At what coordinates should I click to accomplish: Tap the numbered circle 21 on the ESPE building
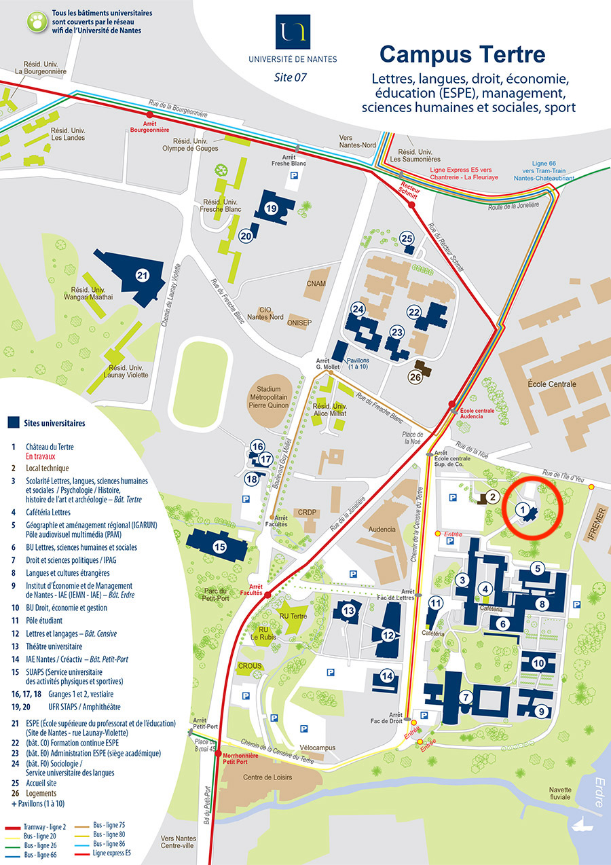coord(142,275)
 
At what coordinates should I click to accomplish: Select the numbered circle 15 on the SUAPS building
coord(219,546)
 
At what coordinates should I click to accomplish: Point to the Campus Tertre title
coord(462,54)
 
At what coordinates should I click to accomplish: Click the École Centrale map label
coord(551,384)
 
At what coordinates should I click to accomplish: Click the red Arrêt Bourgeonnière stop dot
coord(150,124)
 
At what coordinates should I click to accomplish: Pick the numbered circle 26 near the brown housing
coord(415,378)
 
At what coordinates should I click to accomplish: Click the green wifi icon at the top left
coord(36,21)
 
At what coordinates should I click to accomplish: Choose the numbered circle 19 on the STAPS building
coord(272,209)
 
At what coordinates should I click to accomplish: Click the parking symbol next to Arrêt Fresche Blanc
coord(294,176)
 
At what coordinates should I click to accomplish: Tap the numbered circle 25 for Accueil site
coord(407,238)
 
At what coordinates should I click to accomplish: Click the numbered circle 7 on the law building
coord(465,697)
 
